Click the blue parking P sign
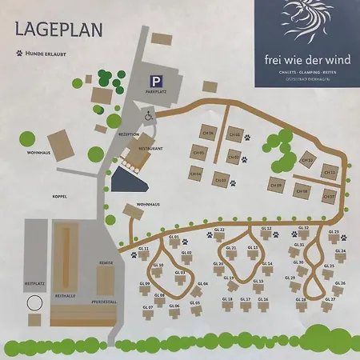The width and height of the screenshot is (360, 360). coord(154,81)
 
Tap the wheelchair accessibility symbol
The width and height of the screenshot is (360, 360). coord(149,115)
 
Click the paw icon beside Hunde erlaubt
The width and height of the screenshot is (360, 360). coord(18,54)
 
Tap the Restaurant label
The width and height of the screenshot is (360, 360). coord(150,149)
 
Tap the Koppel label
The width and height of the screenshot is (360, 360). coord(60,196)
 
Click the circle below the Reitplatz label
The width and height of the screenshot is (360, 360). coord(34,304)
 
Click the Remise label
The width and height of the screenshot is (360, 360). coord(106,263)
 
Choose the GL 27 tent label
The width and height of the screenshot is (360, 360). coord(330,300)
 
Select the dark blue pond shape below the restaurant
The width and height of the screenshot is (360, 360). coord(126,179)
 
